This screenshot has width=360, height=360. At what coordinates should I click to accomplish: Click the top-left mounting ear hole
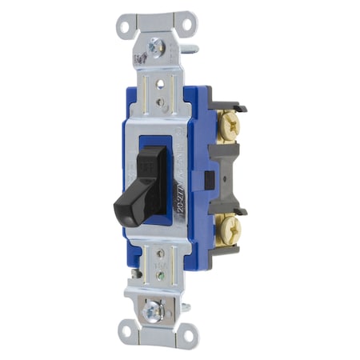click(124, 24)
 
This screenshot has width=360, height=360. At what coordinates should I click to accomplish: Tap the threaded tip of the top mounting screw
click(192, 50)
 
